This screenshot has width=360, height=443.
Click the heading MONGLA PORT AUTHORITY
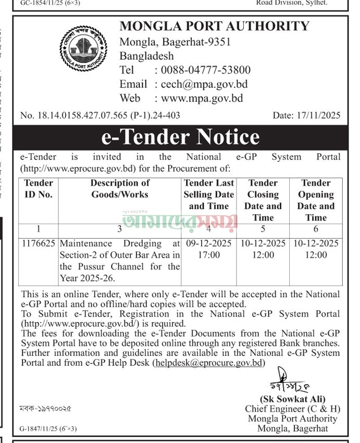tap(214, 26)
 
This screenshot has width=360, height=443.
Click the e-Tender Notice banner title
tap(180, 137)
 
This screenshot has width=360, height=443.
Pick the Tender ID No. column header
tap(39, 189)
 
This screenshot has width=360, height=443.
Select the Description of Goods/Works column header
tap(119, 189)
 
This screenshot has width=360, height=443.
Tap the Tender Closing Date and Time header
tap(263, 200)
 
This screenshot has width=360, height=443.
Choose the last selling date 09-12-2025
tap(208, 243)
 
